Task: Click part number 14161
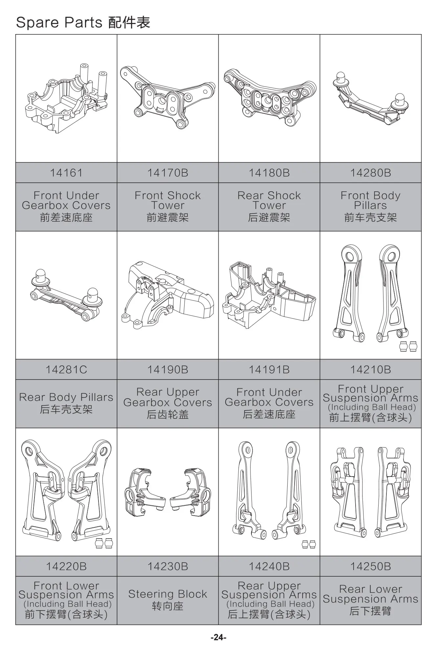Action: pos(66,173)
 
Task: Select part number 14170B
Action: pos(167,173)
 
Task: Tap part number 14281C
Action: pos(66,370)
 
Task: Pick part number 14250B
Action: pos(370,566)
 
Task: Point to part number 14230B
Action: pos(167,566)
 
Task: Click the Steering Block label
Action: pos(167,594)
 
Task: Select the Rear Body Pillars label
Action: pos(66,397)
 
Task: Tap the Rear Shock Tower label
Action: pos(269,200)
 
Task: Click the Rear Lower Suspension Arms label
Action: pos(370,594)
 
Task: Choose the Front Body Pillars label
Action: pos(370,200)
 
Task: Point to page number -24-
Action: pos(218,637)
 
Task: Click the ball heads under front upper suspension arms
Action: pos(408,346)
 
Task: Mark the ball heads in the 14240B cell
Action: pos(308,544)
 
